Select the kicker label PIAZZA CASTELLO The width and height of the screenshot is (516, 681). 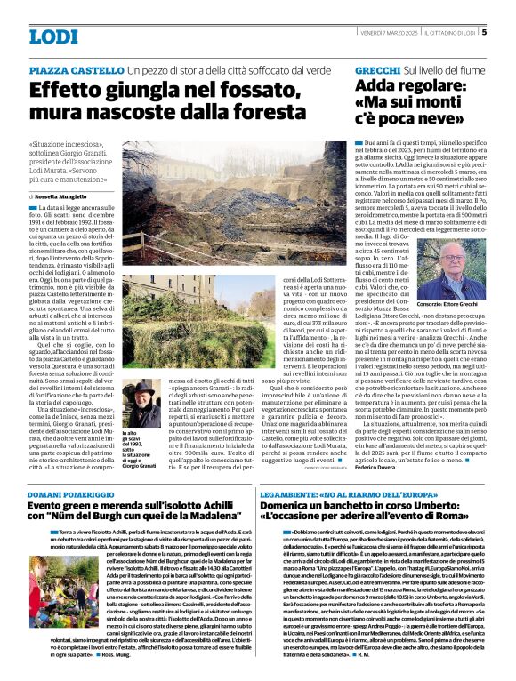coord(75,69)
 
